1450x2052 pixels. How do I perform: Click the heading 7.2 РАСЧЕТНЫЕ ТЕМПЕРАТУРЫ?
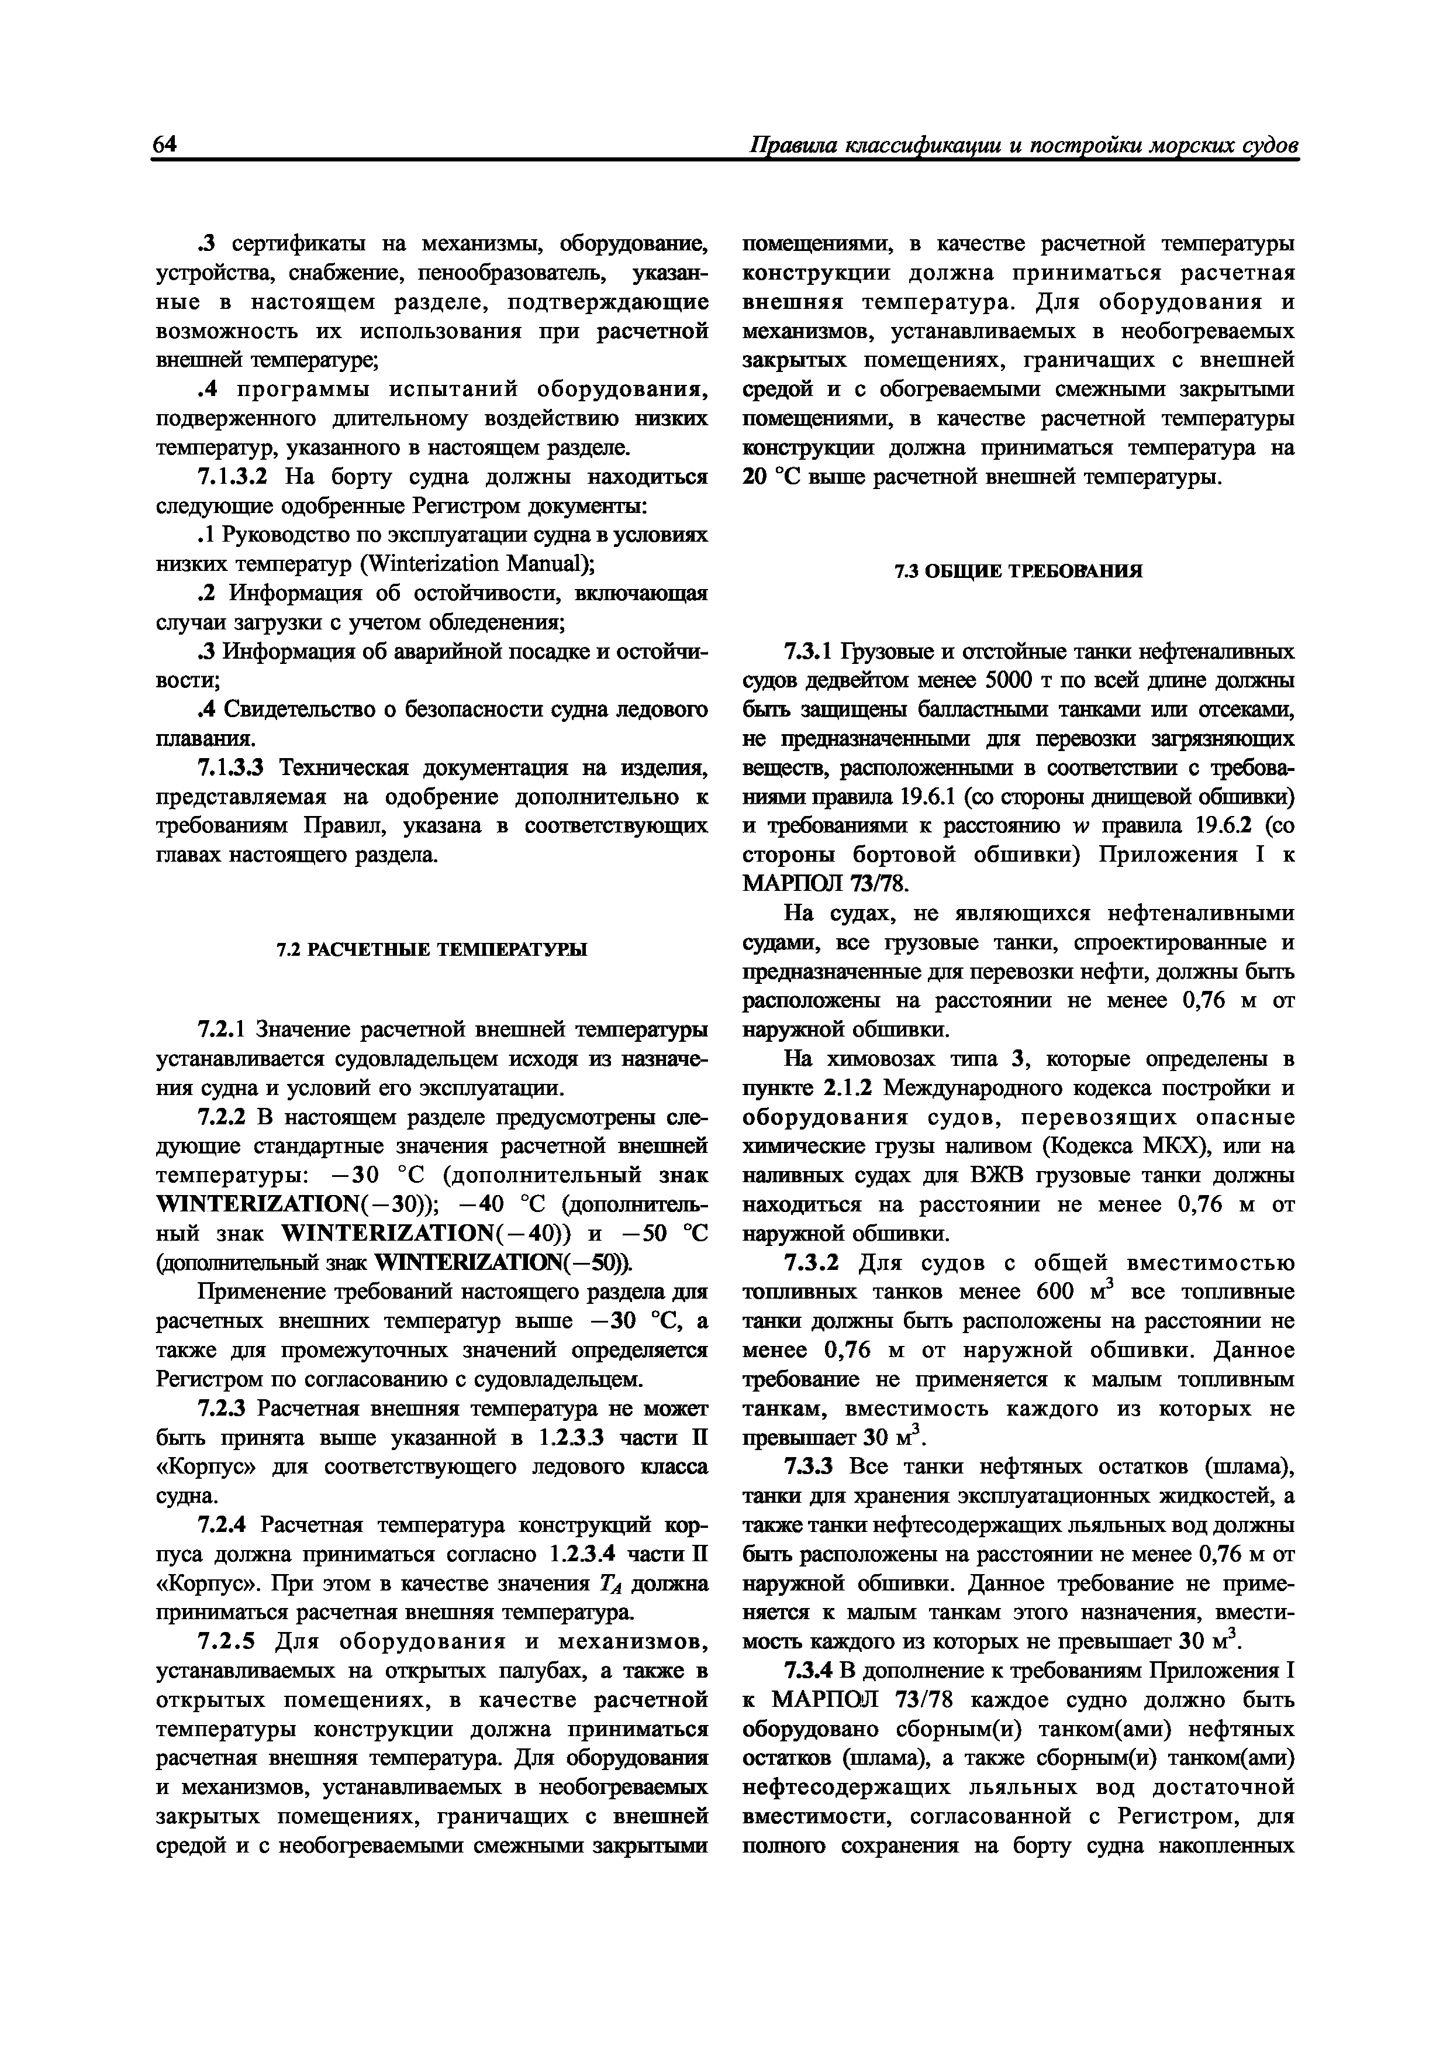coord(431,949)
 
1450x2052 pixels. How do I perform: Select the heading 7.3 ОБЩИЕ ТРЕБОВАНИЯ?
coord(1019,571)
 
